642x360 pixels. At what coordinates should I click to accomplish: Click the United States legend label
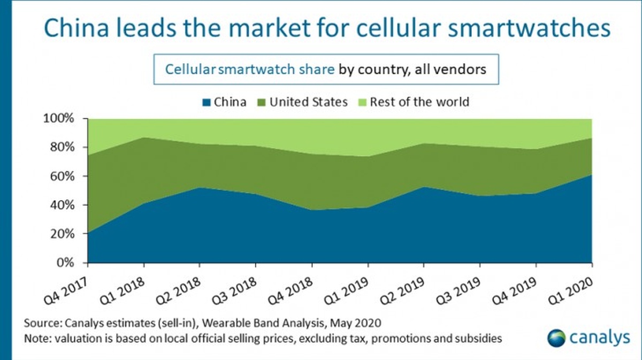point(308,102)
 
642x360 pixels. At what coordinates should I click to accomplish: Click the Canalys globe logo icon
point(556,338)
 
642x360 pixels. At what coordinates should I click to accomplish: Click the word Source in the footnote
point(42,323)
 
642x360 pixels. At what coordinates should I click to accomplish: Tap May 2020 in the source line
point(365,323)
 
